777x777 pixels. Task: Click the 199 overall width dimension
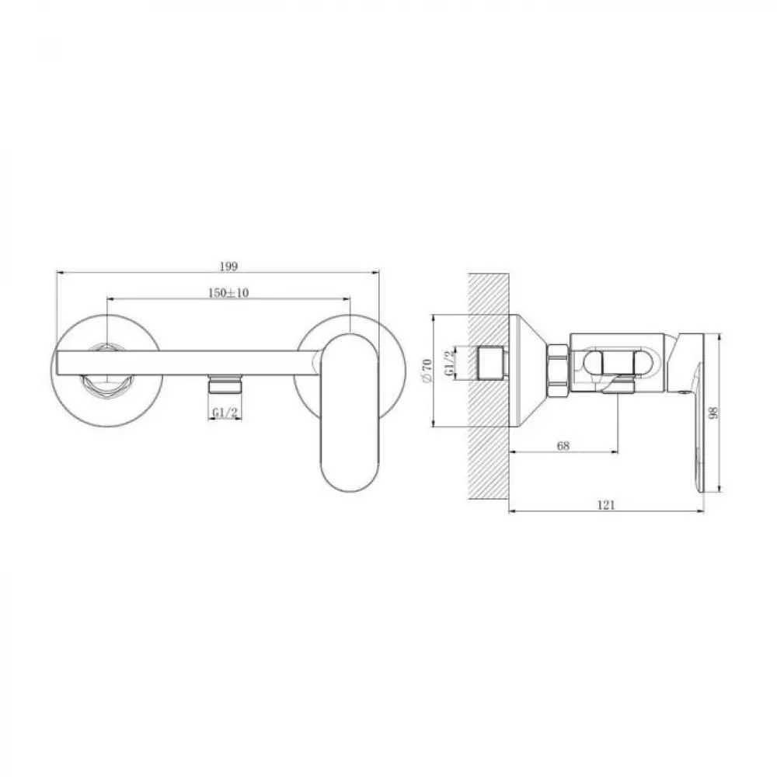(228, 266)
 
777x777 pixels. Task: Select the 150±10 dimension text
(228, 292)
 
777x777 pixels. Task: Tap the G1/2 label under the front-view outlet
(225, 413)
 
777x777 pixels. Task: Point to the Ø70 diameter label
(427, 370)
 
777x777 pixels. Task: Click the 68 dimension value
(563, 445)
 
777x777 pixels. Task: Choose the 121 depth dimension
(606, 505)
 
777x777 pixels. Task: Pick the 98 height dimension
(713, 413)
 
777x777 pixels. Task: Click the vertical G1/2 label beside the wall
(448, 363)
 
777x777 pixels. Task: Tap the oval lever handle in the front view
(347, 413)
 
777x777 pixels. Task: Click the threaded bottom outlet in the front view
(225, 384)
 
